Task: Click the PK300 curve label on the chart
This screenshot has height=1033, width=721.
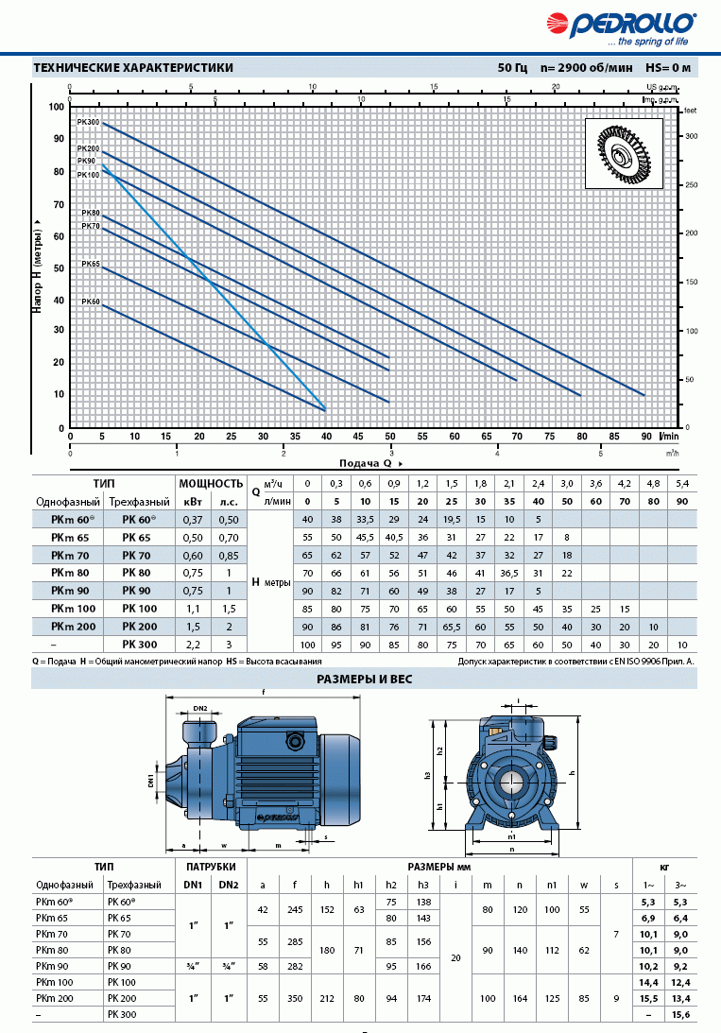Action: [x=88, y=123]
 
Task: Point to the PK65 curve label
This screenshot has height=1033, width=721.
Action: [x=90, y=265]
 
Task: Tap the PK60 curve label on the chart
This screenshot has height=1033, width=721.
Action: [x=90, y=301]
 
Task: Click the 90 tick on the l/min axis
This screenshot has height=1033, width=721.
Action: [x=645, y=436]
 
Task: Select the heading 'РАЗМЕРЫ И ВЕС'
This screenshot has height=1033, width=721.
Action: [x=363, y=679]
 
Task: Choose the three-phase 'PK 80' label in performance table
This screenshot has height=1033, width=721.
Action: [x=140, y=572]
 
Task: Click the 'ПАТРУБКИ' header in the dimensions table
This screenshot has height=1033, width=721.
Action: [x=210, y=866]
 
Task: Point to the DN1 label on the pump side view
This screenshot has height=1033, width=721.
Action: [x=150, y=779]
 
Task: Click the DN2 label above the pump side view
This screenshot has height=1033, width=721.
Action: [x=200, y=708]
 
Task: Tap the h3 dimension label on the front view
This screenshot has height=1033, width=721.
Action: [x=428, y=775]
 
